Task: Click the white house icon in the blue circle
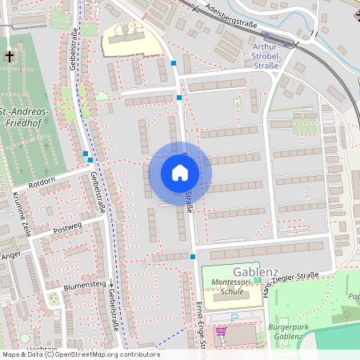[x=180, y=173]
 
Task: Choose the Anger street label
[x=11, y=256]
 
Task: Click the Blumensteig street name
[x=86, y=285]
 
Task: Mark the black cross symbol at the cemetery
[x=10, y=56]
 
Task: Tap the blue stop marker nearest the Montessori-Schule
[x=193, y=257]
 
